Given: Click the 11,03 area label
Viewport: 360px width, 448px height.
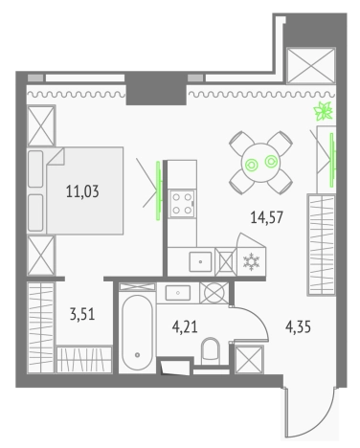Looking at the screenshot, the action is [x=82, y=191].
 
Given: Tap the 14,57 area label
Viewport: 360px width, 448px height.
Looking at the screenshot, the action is [x=267, y=217].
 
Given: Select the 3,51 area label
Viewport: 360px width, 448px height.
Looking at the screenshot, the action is [x=82, y=314].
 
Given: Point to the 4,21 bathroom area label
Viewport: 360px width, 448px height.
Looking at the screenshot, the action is [x=185, y=327].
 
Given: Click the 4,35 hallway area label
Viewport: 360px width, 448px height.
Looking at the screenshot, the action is [x=298, y=327].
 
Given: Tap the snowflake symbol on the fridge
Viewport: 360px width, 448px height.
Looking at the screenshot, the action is [x=252, y=261].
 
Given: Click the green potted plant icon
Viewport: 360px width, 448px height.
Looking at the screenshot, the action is [x=324, y=111].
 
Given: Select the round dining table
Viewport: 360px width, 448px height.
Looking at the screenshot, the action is [x=260, y=163].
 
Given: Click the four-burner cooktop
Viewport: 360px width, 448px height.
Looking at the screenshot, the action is [x=182, y=203].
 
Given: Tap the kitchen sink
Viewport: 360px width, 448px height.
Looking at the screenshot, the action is [x=200, y=261].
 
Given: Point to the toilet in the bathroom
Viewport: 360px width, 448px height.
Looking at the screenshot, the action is [x=211, y=350].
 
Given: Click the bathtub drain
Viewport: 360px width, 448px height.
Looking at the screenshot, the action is [x=138, y=355].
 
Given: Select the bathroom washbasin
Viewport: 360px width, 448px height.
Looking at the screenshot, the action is [x=178, y=293].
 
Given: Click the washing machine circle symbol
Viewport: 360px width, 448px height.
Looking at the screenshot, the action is [x=214, y=293].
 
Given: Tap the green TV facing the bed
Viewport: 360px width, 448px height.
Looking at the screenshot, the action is [x=158, y=190].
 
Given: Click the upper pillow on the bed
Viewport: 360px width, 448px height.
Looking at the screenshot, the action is [x=35, y=168].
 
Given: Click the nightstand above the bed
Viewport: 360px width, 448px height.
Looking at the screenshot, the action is [x=41, y=125].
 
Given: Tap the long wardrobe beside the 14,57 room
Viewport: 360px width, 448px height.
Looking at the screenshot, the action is [x=322, y=245].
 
